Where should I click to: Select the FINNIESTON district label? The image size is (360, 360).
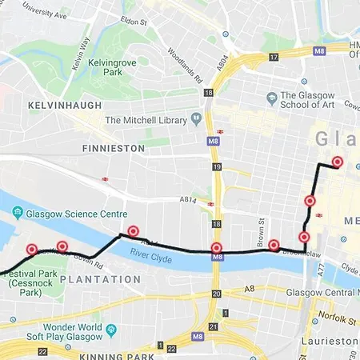coord(113,149)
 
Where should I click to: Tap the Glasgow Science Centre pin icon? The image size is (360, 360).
coord(18,214)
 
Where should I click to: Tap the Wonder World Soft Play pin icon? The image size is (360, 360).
coord(111,328)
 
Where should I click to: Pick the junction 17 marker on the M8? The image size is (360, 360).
coord(274,57)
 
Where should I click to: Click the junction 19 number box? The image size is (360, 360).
coord(216,166)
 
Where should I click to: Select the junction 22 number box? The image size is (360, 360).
coord(171,346)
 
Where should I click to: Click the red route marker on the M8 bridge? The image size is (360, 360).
coord(216,249)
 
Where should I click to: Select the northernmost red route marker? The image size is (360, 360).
coord(337,162)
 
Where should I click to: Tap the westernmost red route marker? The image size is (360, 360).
coord(32,249)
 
